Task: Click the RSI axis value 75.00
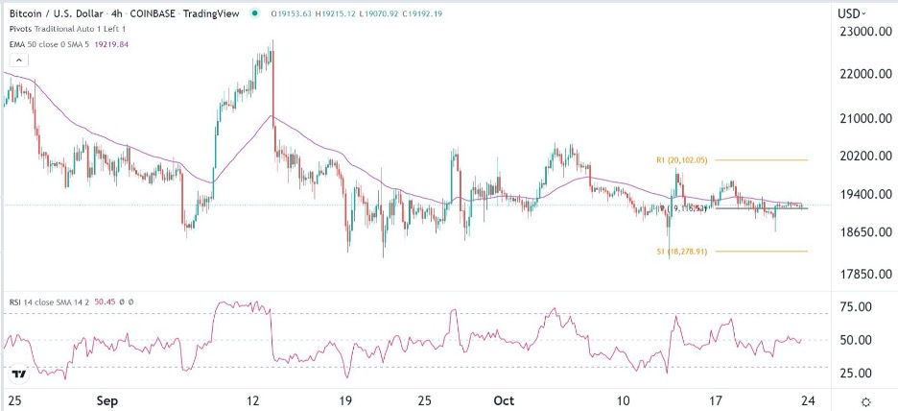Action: [x=854, y=307]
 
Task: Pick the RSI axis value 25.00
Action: [x=854, y=374]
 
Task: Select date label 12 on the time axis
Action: [x=253, y=399]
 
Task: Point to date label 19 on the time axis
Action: [x=346, y=399]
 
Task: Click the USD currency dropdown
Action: [x=853, y=13]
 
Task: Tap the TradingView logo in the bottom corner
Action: [x=18, y=373]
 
